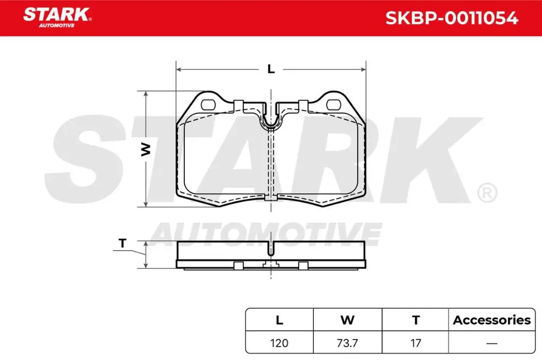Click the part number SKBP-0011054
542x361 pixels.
[x=451, y=18]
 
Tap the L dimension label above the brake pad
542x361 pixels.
[x=271, y=69]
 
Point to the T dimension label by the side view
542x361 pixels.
[x=123, y=243]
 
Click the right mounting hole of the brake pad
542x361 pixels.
[x=334, y=104]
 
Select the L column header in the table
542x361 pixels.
[x=279, y=320]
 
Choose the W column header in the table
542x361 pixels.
[x=347, y=320]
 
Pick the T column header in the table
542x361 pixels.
[x=416, y=320]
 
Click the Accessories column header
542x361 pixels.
[x=492, y=320]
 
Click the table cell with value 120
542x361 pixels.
[x=279, y=343]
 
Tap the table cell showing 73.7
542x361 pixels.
[x=347, y=343]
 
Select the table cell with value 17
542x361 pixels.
[x=416, y=343]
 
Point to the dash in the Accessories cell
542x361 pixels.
[x=492, y=343]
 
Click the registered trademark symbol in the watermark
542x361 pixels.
[x=486, y=193]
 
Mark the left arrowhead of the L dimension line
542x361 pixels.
[x=178, y=69]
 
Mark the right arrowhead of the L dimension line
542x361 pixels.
[x=363, y=69]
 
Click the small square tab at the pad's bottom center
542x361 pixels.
[x=271, y=199]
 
